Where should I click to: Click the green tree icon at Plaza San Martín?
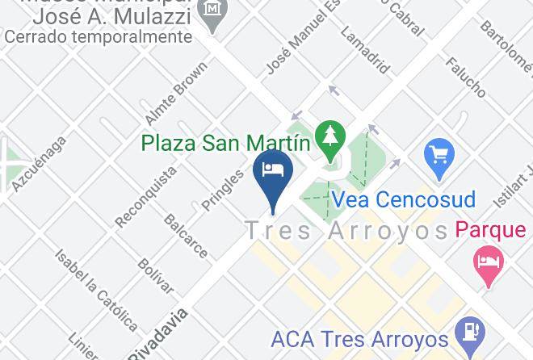point(329,138)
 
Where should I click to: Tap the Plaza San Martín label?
point(226,144)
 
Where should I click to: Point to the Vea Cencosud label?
point(403,199)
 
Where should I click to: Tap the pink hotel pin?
point(488,264)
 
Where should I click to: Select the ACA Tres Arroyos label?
point(360,339)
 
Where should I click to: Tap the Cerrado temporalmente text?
point(99,37)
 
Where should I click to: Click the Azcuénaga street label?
point(40,165)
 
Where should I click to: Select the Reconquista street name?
point(146,196)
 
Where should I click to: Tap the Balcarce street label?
point(186,235)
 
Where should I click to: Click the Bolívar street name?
point(156,277)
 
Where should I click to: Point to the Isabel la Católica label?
point(96,289)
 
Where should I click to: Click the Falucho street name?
point(465,77)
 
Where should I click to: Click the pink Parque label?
point(490,231)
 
